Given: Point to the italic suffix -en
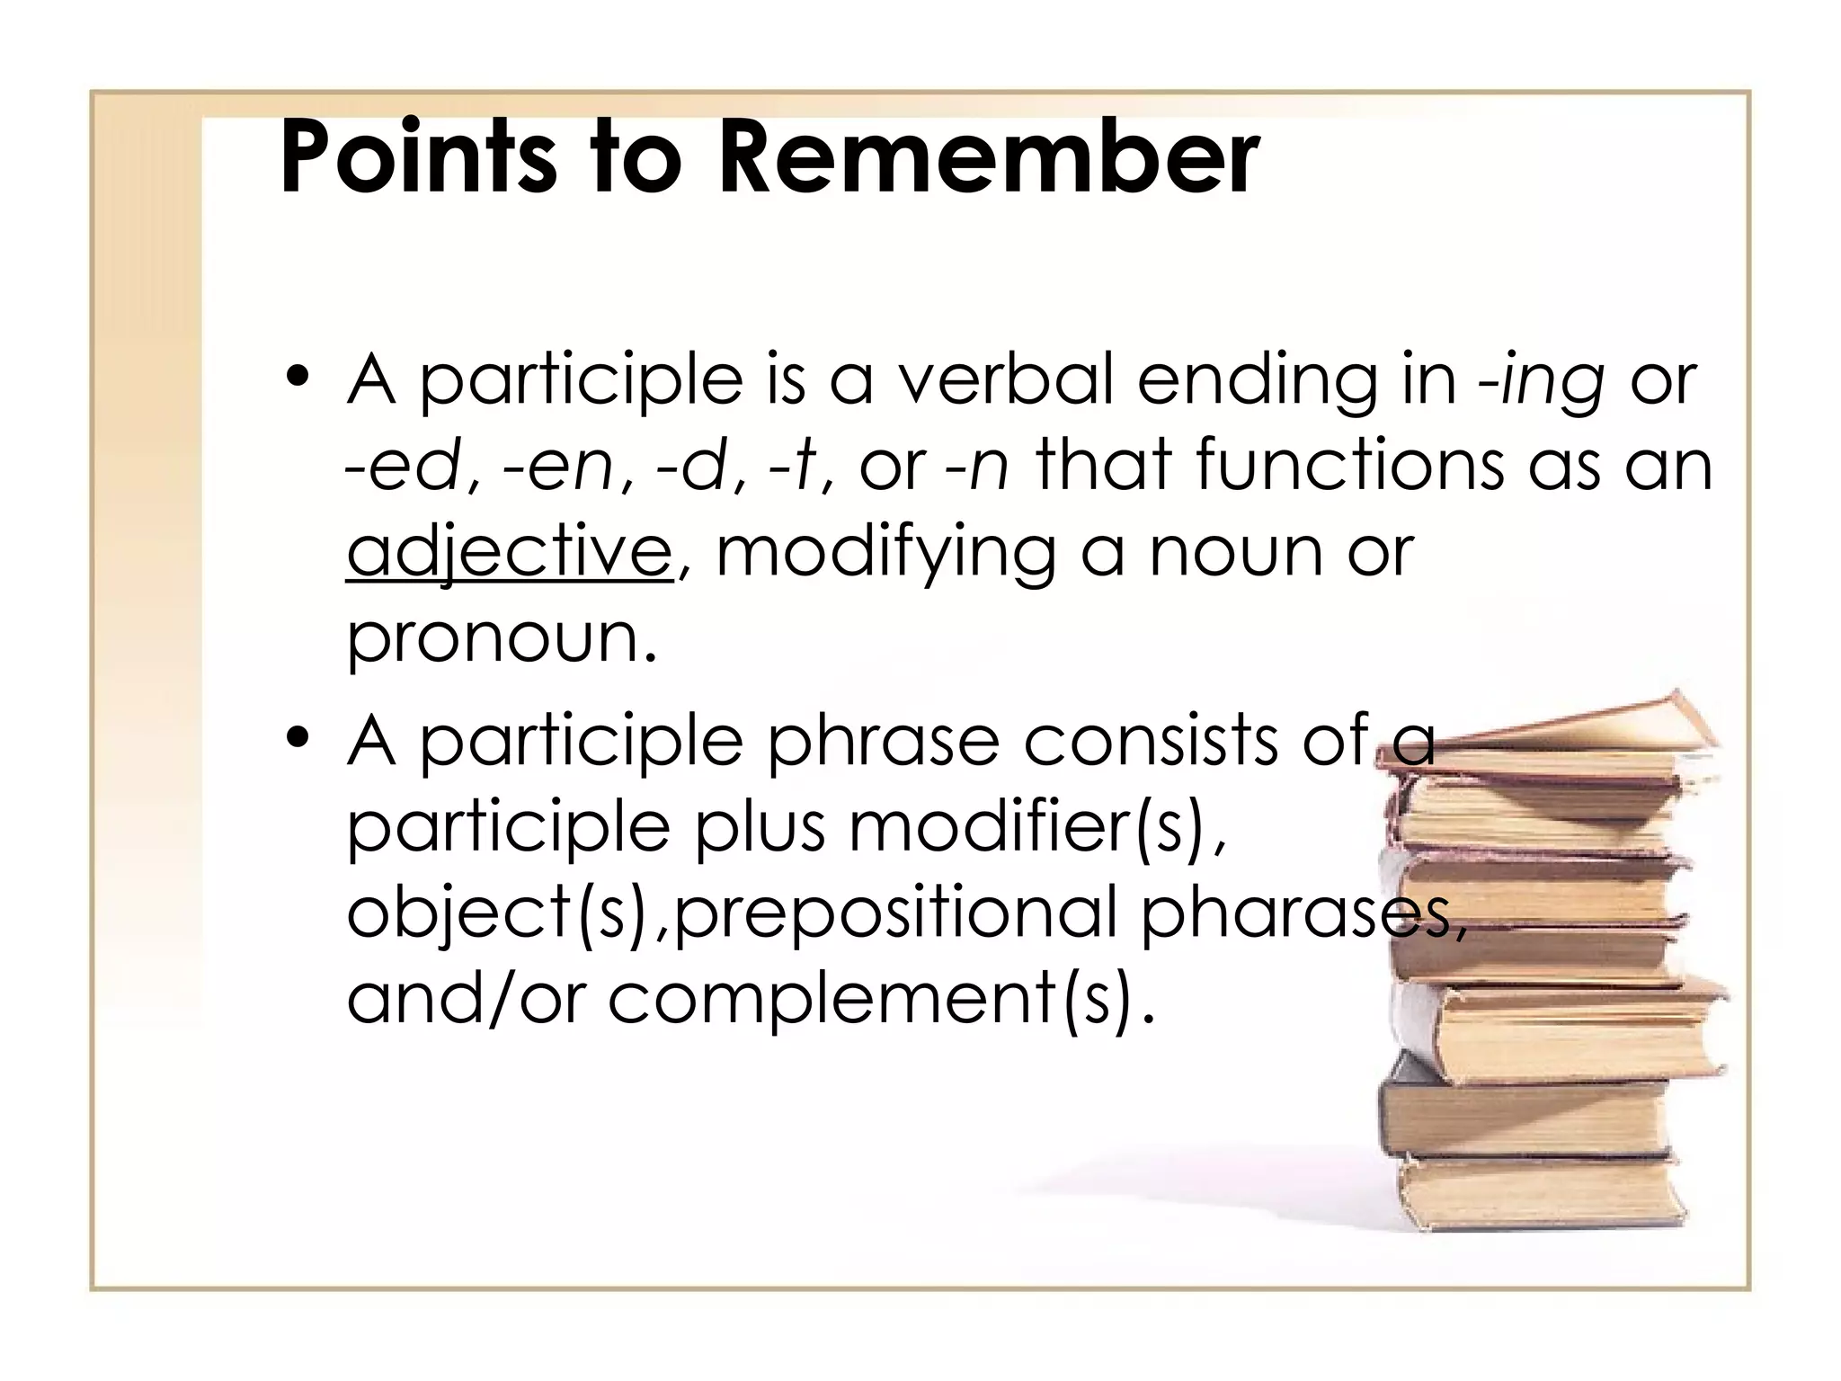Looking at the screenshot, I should click(559, 466).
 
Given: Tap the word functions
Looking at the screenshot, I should click(1348, 466).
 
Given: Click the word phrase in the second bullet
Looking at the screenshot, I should click(882, 741).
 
